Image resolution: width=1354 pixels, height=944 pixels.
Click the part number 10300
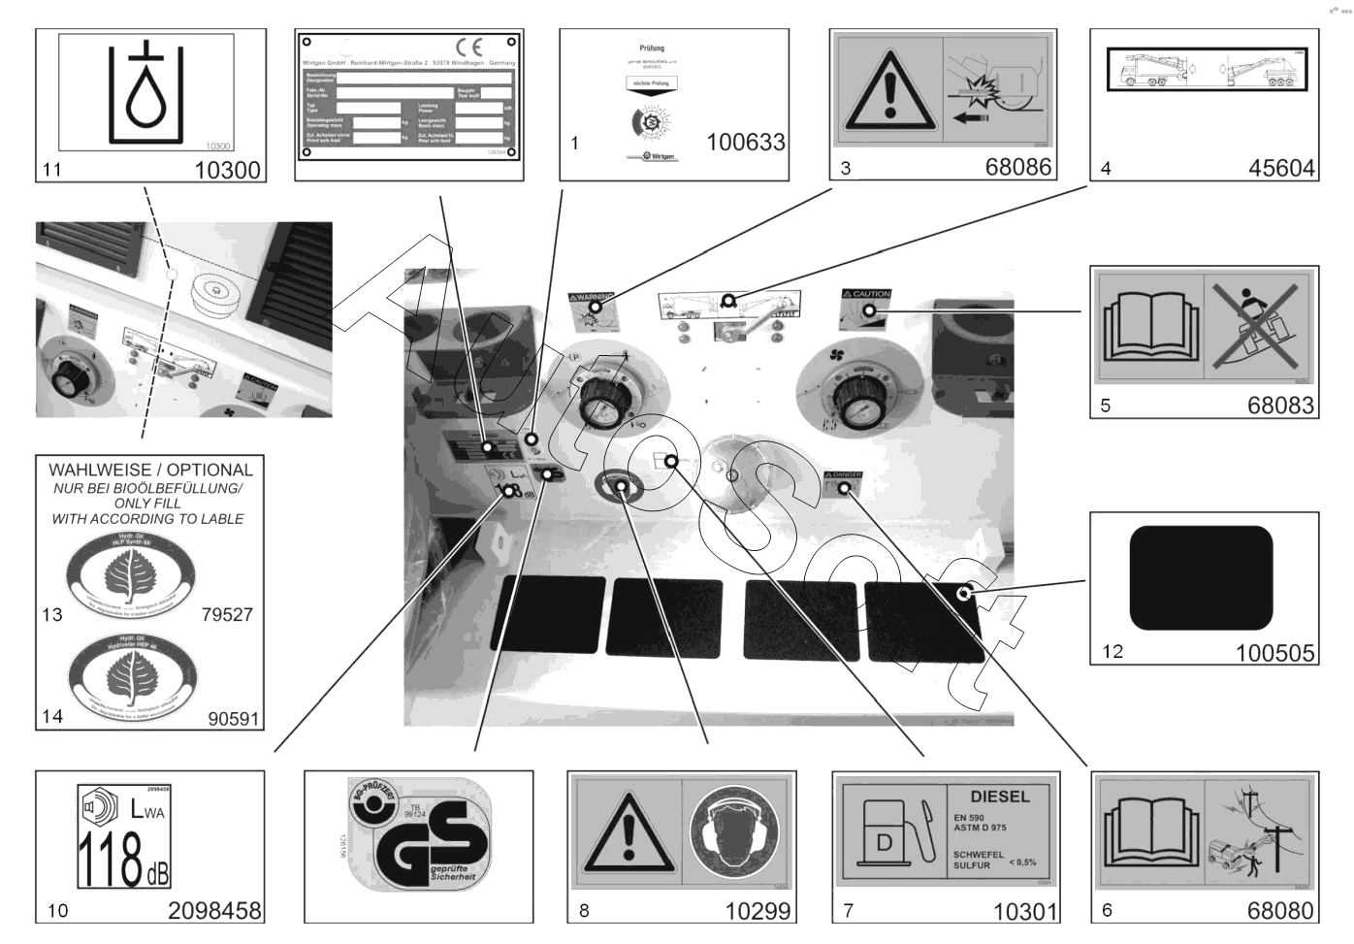click(227, 170)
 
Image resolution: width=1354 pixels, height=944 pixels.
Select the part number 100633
click(745, 143)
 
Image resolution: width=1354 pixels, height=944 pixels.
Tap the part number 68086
click(1017, 167)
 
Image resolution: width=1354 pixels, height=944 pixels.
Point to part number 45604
click(1280, 168)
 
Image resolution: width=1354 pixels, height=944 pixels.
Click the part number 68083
click(1280, 406)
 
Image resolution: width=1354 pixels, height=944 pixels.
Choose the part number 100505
click(1274, 653)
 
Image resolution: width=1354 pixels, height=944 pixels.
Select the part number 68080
click(1280, 910)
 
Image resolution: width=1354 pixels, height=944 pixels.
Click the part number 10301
click(1024, 911)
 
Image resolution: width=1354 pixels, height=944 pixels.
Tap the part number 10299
click(758, 911)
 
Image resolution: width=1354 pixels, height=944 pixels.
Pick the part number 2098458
click(214, 911)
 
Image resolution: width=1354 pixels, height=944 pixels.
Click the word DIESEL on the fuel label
click(1000, 797)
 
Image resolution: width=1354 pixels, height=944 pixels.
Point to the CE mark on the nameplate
click(468, 47)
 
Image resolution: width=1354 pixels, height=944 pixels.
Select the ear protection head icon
click(734, 831)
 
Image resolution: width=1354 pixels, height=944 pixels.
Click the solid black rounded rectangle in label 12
click(1201, 578)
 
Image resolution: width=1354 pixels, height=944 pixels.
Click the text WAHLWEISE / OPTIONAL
click(150, 470)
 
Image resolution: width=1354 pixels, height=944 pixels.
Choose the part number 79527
click(227, 614)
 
